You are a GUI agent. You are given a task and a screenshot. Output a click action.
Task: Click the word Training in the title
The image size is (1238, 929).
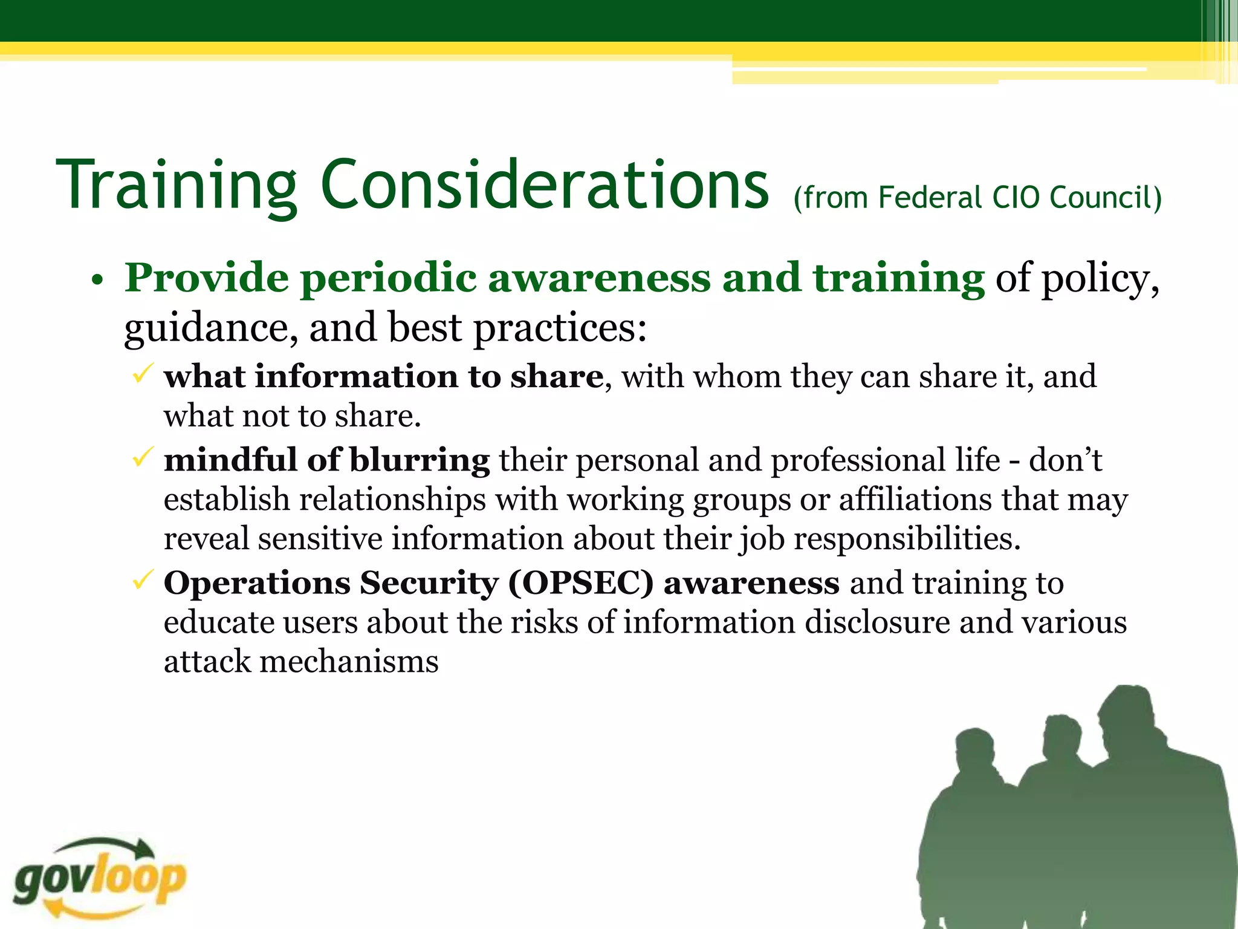click(x=175, y=185)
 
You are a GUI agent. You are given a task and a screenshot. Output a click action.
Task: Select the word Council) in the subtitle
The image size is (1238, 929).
click(x=1106, y=197)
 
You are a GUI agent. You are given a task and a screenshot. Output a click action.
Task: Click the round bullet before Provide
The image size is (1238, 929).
click(x=97, y=281)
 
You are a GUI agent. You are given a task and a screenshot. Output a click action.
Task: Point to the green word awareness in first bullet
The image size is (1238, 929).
click(x=599, y=278)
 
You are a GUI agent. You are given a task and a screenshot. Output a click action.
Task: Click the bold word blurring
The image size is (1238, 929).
click(x=420, y=460)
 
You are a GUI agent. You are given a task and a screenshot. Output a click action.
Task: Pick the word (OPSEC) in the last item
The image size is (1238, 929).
click(x=581, y=583)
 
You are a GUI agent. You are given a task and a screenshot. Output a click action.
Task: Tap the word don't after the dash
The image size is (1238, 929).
click(x=1065, y=460)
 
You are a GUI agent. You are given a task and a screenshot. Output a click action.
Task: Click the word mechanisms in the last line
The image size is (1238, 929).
click(x=349, y=661)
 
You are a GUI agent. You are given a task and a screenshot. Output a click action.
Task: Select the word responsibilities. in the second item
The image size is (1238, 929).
click(x=907, y=538)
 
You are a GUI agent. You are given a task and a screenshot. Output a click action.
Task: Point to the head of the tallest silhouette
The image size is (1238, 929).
click(x=1129, y=720)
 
